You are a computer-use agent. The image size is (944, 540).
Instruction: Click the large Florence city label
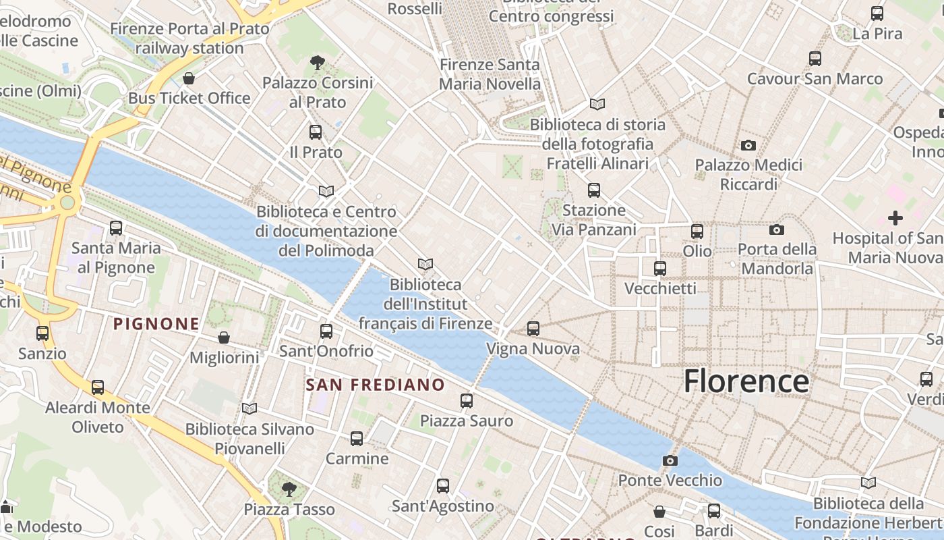(746, 381)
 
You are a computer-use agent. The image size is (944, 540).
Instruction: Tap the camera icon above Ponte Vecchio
(670, 460)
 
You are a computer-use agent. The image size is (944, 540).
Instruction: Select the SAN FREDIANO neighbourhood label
(376, 385)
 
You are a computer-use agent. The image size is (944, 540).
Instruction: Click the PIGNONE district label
(156, 324)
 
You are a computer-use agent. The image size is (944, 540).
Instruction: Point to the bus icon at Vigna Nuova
(533, 329)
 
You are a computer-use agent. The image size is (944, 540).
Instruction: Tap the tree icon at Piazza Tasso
(289, 489)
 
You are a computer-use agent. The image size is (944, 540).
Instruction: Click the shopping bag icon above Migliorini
(224, 337)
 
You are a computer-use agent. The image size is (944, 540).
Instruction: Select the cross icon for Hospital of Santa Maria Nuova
(895, 218)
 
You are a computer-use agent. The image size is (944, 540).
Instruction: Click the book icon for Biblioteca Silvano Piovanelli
(249, 408)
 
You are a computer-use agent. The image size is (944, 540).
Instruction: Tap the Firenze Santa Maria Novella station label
(490, 74)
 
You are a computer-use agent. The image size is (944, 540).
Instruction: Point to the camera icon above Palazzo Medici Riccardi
(748, 145)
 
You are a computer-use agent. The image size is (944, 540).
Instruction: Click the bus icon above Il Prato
(316, 132)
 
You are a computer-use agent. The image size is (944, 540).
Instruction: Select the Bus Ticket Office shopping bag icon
(189, 78)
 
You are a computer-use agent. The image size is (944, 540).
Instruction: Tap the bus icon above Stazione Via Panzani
(593, 190)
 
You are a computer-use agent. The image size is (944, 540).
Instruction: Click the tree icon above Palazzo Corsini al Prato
(317, 63)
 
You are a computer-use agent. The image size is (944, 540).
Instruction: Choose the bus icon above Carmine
(357, 439)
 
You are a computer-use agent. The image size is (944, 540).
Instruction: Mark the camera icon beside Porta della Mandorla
(776, 230)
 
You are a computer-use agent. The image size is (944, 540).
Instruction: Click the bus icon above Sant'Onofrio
(326, 331)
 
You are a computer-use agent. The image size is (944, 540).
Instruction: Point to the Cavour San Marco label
(815, 79)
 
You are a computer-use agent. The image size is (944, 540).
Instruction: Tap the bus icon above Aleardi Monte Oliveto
(98, 387)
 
